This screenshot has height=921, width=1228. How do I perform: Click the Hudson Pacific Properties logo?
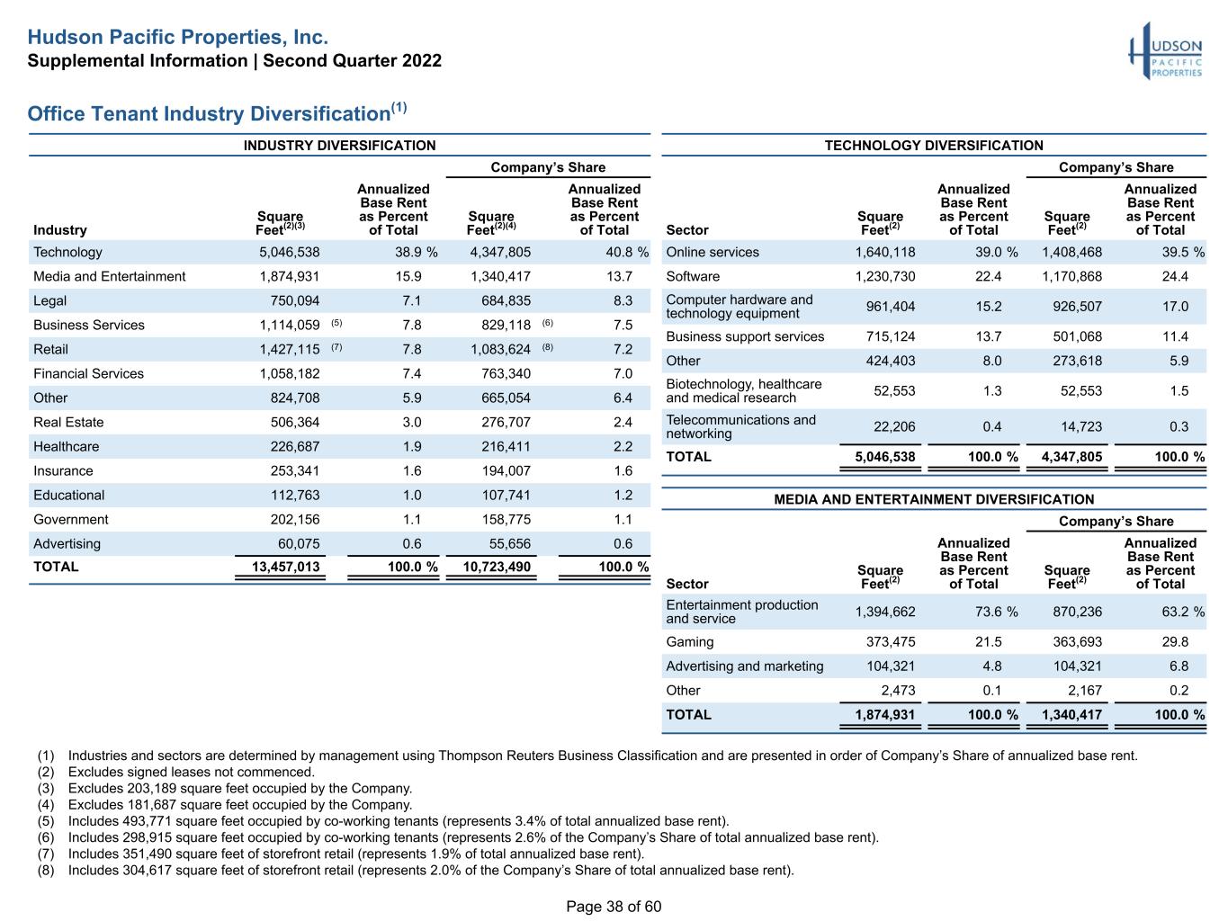tap(1165, 51)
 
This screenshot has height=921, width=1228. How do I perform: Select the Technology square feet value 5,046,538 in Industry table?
tap(290, 252)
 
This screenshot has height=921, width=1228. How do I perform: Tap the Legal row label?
tap(49, 300)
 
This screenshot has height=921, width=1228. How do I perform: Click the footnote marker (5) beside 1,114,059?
tap(336, 323)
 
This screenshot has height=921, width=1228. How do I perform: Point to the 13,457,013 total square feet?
tap(285, 567)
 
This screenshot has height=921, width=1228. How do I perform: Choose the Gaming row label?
tap(689, 642)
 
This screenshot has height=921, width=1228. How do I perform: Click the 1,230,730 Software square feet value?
tap(885, 276)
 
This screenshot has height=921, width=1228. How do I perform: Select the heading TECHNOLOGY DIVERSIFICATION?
tap(933, 146)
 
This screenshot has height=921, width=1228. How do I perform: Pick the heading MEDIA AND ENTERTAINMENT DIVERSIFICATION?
tap(933, 499)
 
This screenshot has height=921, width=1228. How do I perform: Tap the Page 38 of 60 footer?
tap(614, 906)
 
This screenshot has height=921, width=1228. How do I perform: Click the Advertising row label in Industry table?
tap(67, 543)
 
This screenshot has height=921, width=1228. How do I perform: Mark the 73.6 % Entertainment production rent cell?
tap(997, 612)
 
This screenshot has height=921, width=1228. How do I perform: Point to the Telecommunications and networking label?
tap(740, 426)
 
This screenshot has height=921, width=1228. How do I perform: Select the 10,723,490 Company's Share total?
tap(497, 567)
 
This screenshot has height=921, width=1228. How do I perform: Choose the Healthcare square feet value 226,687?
tap(295, 446)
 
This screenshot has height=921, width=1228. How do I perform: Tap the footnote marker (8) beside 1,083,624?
tap(547, 347)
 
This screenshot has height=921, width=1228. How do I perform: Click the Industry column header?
tap(60, 230)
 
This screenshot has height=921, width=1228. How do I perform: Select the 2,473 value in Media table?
tap(898, 691)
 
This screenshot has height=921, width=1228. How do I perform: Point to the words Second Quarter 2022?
tap(352, 60)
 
